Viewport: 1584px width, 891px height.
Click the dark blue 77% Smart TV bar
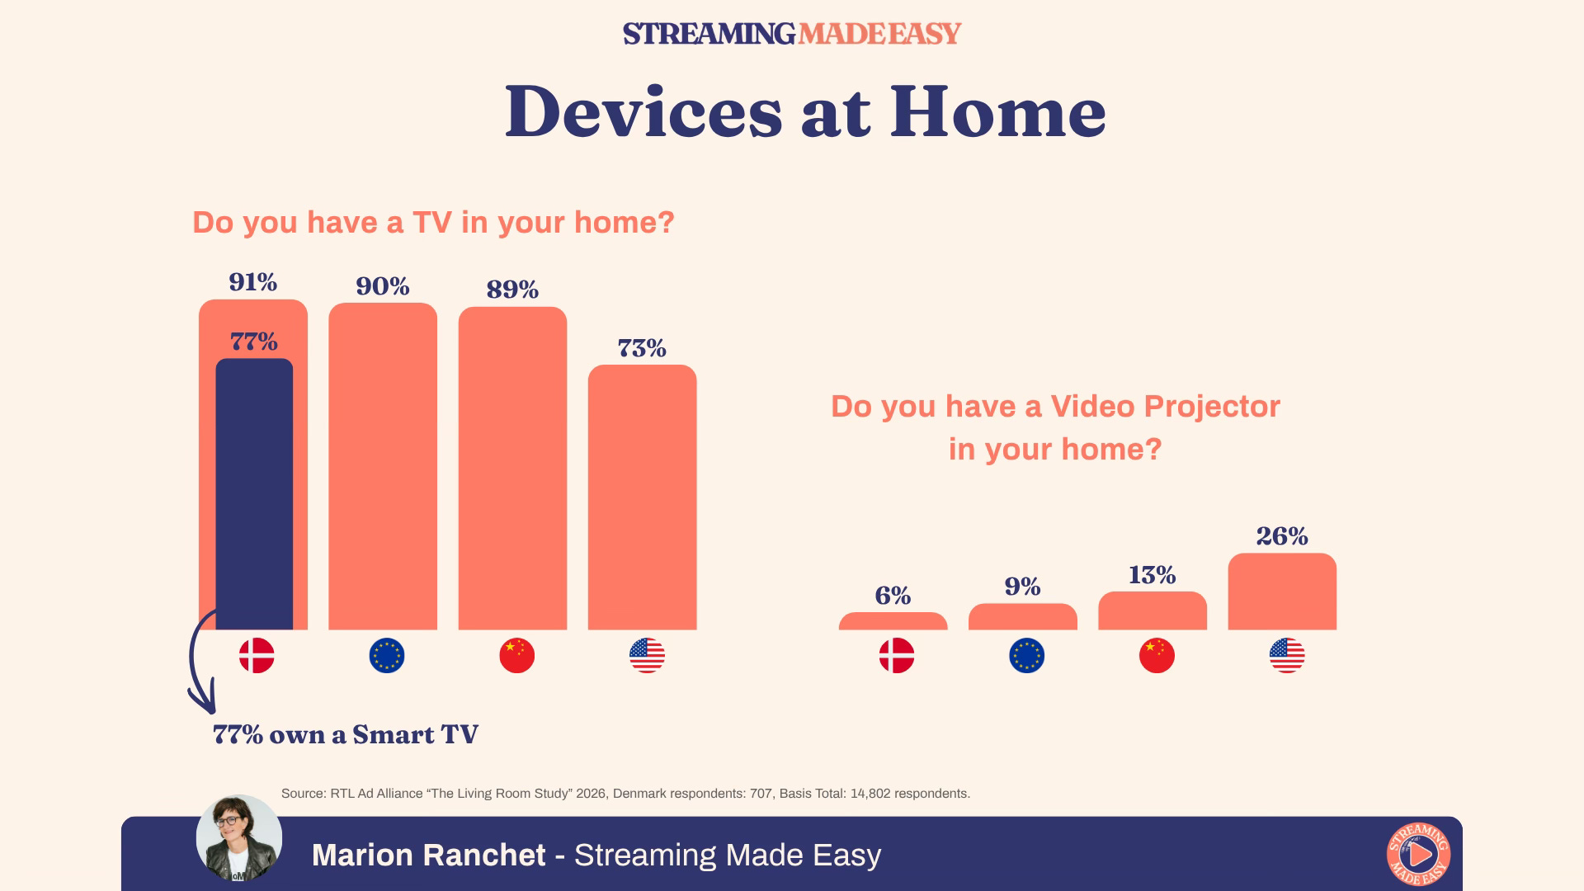click(254, 494)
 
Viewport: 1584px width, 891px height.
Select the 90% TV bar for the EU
click(383, 466)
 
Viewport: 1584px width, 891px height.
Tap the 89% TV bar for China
click(512, 469)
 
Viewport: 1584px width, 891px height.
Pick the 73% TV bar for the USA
click(642, 497)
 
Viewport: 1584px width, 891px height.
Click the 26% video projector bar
click(1282, 592)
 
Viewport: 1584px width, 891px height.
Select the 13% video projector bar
click(1153, 610)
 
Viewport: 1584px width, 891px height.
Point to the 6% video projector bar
click(893, 621)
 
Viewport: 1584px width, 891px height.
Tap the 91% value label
click(253, 282)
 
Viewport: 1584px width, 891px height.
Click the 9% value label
click(1023, 586)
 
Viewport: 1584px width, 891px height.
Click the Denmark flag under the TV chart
click(257, 656)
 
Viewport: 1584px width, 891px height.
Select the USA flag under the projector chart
click(1287, 656)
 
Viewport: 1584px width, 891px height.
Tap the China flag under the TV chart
click(517, 656)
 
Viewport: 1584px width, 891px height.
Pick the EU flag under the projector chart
click(1027, 656)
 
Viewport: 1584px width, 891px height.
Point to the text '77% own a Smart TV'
click(346, 734)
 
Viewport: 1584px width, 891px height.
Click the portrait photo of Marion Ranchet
click(239, 838)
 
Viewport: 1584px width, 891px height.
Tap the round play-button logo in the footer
click(1419, 854)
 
